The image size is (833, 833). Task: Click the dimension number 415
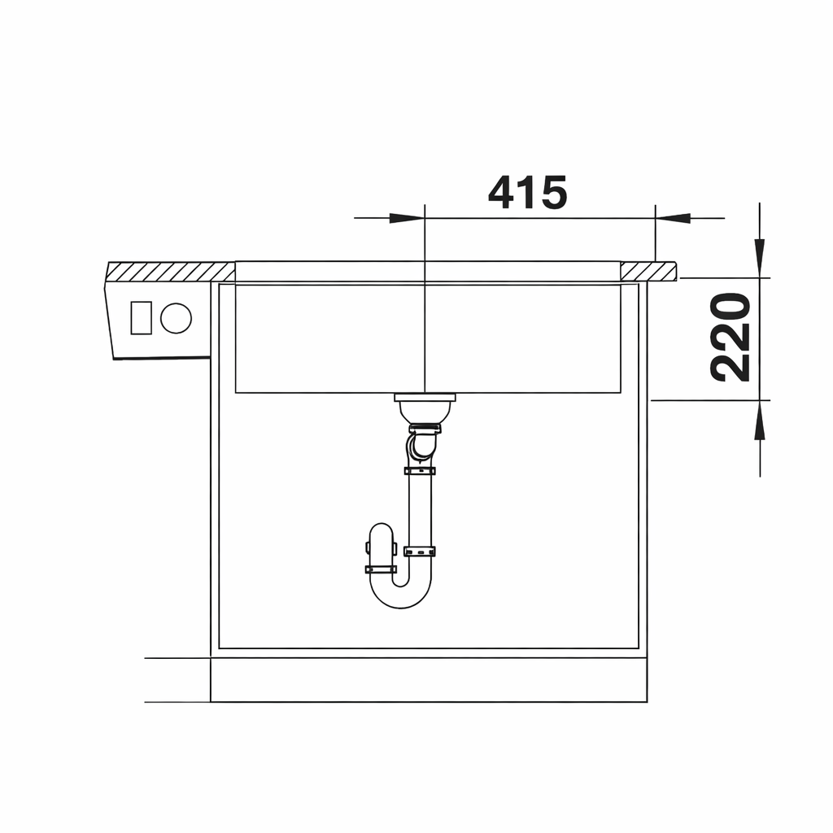[x=527, y=192]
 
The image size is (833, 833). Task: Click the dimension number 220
[x=731, y=338]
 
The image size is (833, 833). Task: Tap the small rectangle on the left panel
[x=142, y=318]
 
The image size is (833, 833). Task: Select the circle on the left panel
[x=176, y=318]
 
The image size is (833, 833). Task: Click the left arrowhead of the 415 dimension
[x=407, y=218]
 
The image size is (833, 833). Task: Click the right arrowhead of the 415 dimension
[x=673, y=218]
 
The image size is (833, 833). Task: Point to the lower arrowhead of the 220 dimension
[x=760, y=420]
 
